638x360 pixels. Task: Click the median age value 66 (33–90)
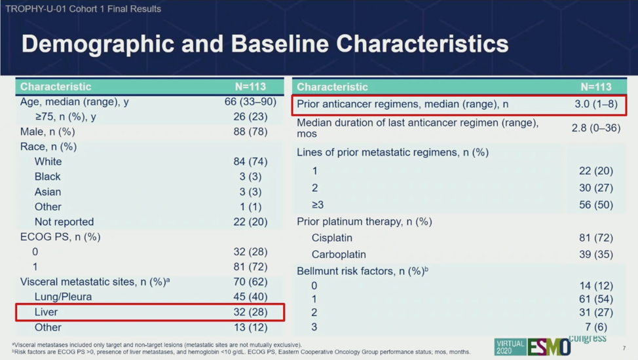pos(250,102)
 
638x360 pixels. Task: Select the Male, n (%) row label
pos(48,132)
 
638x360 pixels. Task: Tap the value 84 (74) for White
pos(250,162)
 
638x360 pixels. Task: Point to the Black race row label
pos(47,177)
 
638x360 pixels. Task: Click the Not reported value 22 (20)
pos(250,222)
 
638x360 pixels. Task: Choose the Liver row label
pos(47,312)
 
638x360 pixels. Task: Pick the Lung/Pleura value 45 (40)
pos(250,297)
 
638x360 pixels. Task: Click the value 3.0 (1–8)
pos(595,104)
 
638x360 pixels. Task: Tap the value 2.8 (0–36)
pos(595,128)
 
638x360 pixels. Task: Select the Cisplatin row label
pos(332,238)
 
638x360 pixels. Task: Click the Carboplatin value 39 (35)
pos(595,255)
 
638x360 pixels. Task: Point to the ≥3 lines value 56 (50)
pos(595,205)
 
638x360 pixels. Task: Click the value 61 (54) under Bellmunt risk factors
pos(595,299)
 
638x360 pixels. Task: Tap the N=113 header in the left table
pos(250,86)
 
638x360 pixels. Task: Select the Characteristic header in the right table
pos(332,87)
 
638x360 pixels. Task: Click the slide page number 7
pos(624,348)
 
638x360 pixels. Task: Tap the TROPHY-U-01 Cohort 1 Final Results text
pos(83,9)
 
